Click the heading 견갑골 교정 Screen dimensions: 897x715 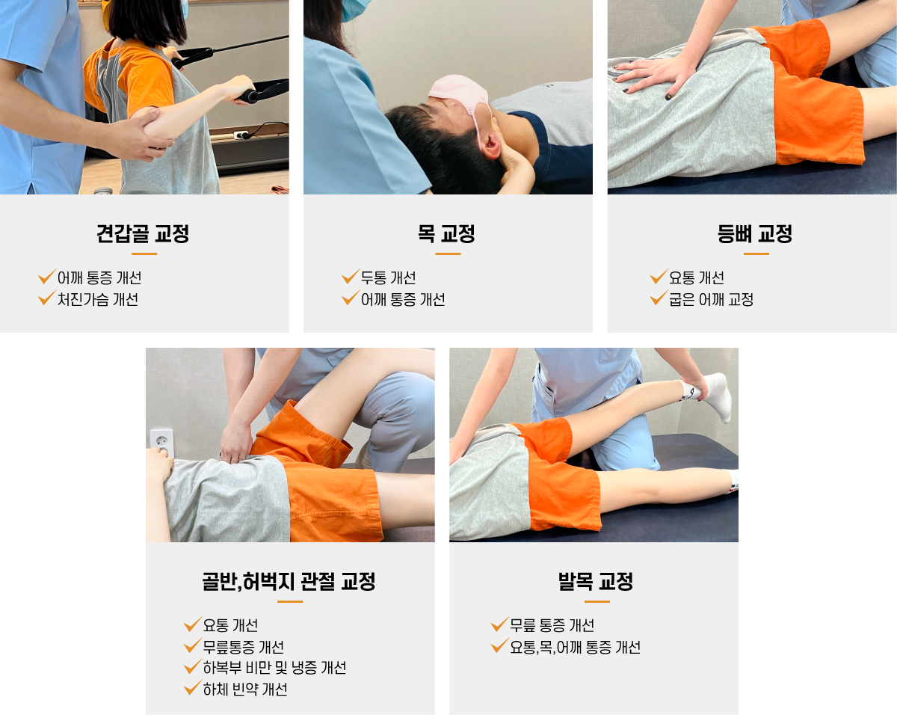point(143,233)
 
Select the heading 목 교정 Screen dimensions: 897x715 point(446,233)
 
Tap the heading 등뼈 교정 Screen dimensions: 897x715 point(755,233)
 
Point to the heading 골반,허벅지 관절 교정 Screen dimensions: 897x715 point(289,582)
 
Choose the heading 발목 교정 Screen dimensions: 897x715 point(596,582)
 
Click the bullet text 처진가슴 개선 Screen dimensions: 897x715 point(98,299)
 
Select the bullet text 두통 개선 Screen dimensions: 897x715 point(389,277)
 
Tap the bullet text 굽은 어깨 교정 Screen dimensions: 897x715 point(711,299)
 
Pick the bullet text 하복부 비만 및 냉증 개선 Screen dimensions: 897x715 point(274,668)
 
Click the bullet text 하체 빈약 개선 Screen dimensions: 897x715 point(245,690)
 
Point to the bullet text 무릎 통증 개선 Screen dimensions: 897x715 point(552,625)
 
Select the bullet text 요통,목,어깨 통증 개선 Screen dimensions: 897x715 point(576,648)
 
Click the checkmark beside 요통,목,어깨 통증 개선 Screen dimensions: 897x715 point(500,645)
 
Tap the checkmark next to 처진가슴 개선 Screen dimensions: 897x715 point(46,298)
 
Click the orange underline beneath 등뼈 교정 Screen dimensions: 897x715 point(756,254)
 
